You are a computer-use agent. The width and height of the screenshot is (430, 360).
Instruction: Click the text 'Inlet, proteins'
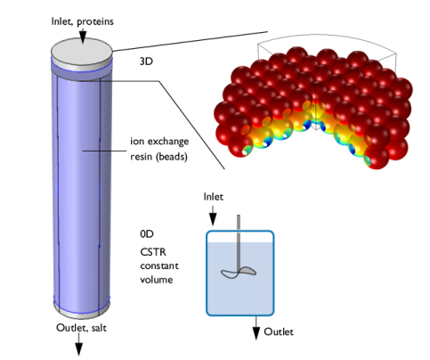tap(83, 21)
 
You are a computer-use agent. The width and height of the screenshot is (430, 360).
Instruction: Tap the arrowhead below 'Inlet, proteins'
tap(83, 37)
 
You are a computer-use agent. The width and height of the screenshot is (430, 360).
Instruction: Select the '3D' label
tap(146, 61)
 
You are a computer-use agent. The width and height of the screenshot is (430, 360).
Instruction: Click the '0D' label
tap(147, 234)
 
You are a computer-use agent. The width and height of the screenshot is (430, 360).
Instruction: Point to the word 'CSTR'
tap(153, 252)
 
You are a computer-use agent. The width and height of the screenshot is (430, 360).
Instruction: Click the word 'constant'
tap(159, 266)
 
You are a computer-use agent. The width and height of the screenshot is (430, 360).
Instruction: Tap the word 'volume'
tap(157, 280)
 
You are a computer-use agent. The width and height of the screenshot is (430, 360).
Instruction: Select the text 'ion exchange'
tap(159, 142)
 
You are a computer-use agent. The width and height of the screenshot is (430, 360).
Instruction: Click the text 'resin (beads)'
tap(158, 157)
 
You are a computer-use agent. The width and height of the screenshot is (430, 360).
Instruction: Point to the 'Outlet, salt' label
tap(81, 328)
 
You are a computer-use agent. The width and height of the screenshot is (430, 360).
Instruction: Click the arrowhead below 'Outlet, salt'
tap(78, 349)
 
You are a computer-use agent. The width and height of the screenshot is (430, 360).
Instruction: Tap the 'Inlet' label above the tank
tap(214, 197)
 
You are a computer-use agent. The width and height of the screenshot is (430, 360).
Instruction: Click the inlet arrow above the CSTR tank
tap(213, 216)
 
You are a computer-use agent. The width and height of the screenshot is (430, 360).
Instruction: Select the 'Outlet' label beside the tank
tap(279, 331)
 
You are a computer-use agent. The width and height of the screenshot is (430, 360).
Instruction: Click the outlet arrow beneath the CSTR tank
tap(256, 328)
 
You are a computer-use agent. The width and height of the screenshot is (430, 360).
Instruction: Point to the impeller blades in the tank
tap(239, 273)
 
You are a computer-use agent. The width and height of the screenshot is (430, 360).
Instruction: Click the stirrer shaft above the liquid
tap(239, 229)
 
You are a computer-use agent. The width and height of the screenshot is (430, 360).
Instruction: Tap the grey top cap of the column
tap(82, 53)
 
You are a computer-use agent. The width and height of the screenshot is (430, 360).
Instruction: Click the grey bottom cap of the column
tap(82, 310)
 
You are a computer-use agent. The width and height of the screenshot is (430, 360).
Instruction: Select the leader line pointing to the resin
tap(105, 151)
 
